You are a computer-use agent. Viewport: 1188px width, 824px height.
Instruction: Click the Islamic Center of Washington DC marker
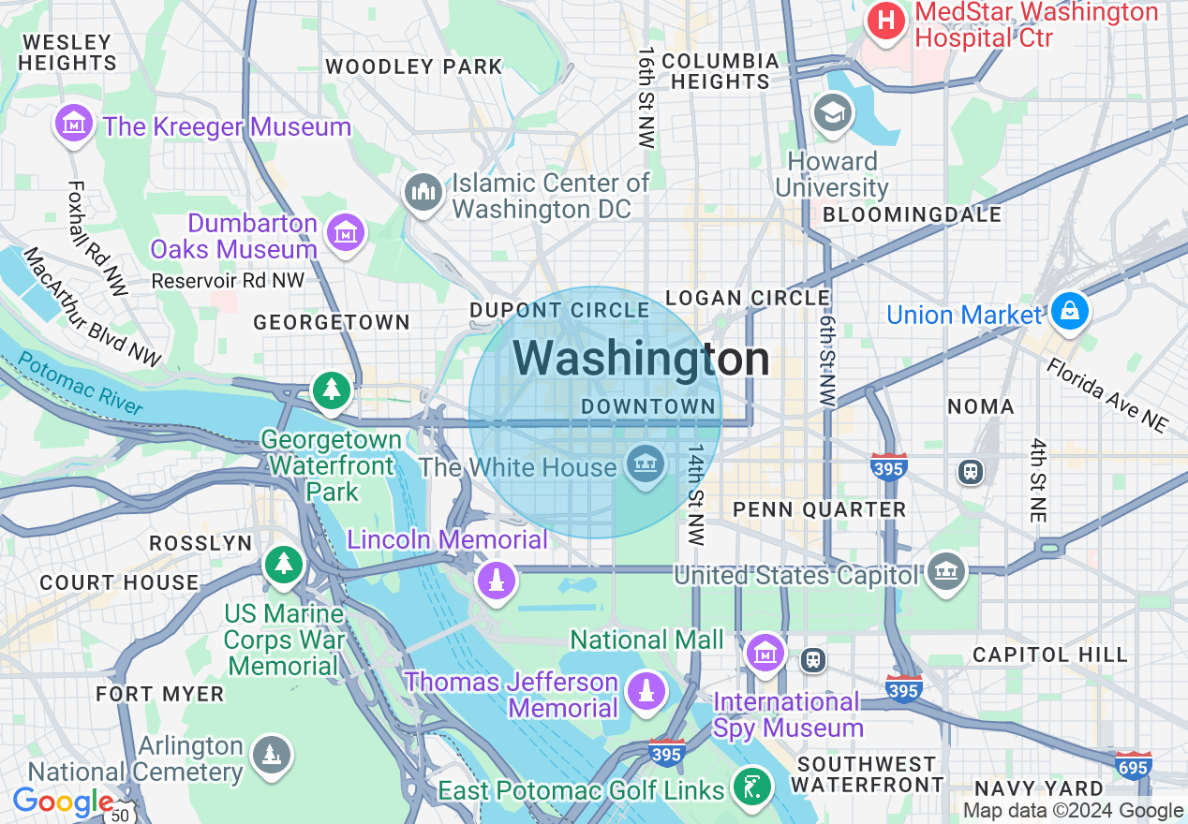423,193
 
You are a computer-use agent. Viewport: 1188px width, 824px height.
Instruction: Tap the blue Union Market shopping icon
1069,311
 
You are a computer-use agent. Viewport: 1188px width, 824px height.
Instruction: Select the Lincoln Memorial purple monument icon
497,580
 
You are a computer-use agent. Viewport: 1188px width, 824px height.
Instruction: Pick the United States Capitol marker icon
945,571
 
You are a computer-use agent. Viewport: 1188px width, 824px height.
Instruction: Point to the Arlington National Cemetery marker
271,755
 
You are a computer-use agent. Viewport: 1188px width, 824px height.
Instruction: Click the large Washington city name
642,360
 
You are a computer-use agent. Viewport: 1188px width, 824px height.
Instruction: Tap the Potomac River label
81,383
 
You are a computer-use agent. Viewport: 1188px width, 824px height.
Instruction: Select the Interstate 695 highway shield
1134,766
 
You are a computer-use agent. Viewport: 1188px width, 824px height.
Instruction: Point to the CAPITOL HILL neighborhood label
1049,655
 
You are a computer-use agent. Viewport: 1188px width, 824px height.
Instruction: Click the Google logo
63,802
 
